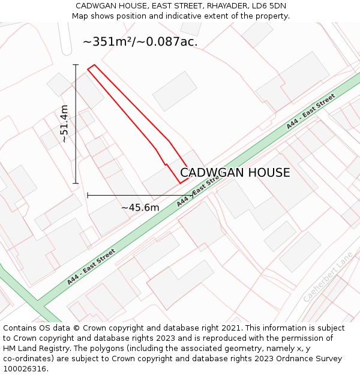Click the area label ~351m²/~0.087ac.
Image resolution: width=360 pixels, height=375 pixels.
point(140,42)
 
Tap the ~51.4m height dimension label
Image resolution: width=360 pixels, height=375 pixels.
point(65,124)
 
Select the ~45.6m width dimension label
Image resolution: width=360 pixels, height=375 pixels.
point(140,208)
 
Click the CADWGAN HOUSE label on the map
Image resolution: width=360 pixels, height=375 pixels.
point(235,173)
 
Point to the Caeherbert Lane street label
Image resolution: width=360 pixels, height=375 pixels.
point(328,277)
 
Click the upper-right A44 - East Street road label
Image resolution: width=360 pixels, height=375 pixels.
point(310,112)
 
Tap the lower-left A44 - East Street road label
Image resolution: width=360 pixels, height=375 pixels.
point(91,266)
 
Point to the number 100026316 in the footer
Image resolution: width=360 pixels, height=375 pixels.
point(24,369)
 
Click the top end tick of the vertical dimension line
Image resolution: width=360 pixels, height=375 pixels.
point(76,64)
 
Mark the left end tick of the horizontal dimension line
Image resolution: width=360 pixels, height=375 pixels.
point(88,195)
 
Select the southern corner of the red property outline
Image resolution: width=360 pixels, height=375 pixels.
point(180,183)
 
